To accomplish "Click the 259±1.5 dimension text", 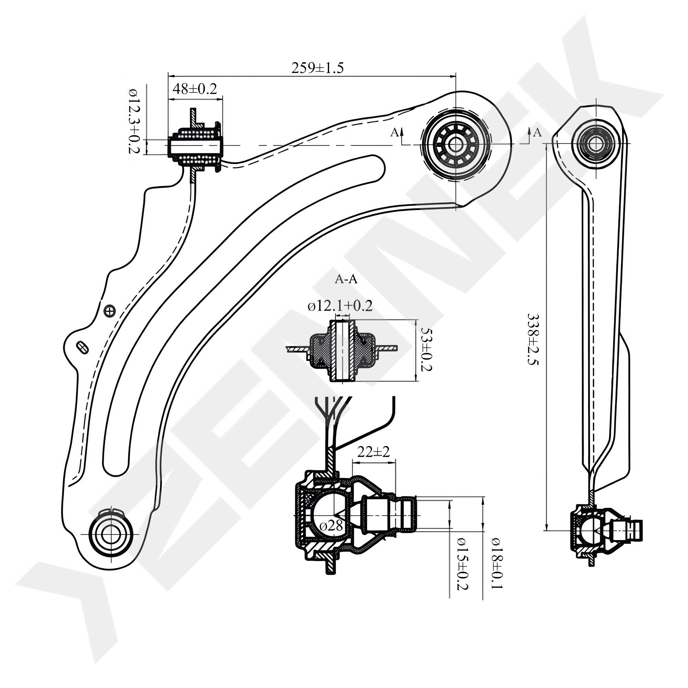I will pyautogui.click(x=317, y=68).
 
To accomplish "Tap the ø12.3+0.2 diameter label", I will pyautogui.click(x=134, y=121).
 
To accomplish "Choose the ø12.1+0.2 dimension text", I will pyautogui.click(x=340, y=305).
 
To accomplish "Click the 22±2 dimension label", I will pyautogui.click(x=374, y=452).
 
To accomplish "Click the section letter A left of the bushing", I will pyautogui.click(x=394, y=132).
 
